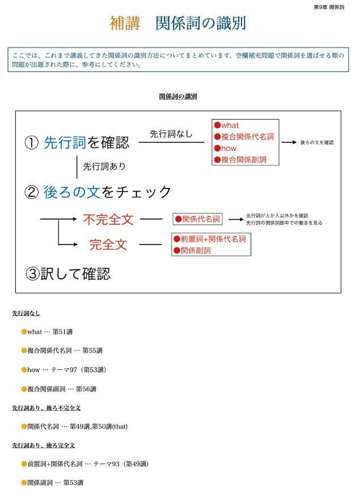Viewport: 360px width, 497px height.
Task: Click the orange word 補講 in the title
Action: (124, 23)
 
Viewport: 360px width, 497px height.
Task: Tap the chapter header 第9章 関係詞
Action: (329, 7)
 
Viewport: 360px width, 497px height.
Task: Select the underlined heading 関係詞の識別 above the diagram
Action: (178, 96)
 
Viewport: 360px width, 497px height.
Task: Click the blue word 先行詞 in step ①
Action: (65, 142)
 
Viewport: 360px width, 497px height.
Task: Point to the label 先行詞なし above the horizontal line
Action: (171, 134)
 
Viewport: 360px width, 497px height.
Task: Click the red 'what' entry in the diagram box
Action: (230, 125)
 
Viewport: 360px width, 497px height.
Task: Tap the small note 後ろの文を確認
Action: (317, 142)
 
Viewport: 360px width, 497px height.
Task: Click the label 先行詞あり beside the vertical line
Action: (104, 166)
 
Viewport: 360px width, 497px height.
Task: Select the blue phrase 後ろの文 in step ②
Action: (72, 192)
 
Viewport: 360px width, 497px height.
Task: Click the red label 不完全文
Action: (108, 219)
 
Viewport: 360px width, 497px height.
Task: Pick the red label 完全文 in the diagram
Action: (108, 245)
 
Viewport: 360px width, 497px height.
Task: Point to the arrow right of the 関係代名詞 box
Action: (235, 219)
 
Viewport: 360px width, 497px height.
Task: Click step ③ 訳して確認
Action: (68, 274)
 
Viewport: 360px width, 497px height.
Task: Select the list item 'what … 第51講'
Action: (50, 332)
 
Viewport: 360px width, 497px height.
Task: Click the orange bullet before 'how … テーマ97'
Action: (24, 369)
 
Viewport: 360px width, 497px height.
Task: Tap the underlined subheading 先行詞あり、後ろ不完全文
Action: (46, 408)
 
